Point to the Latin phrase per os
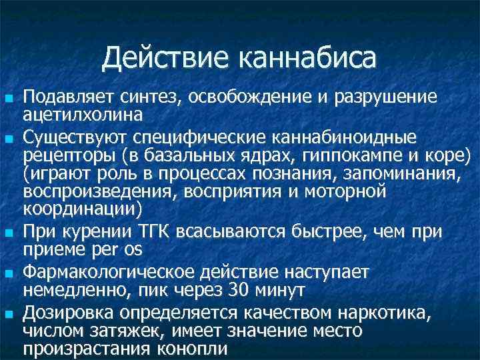(123, 248)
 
